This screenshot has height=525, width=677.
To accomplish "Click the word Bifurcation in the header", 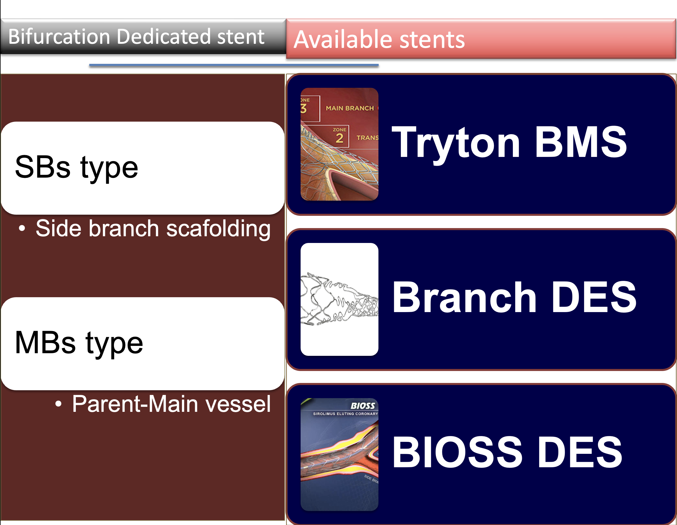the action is pyautogui.click(x=59, y=36).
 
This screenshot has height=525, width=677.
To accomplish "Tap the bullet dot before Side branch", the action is pyautogui.click(x=22, y=229).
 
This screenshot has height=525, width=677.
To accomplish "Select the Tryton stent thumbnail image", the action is pyautogui.click(x=339, y=144).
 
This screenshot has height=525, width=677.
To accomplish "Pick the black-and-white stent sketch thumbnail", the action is pyautogui.click(x=339, y=299).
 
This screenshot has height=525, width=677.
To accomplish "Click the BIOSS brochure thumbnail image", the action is pyautogui.click(x=339, y=454).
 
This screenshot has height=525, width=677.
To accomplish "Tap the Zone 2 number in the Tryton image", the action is pyautogui.click(x=339, y=138).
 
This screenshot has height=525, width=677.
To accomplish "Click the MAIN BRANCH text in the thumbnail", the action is pyautogui.click(x=350, y=108).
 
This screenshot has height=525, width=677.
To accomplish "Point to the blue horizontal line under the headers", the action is pyautogui.click(x=234, y=65).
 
